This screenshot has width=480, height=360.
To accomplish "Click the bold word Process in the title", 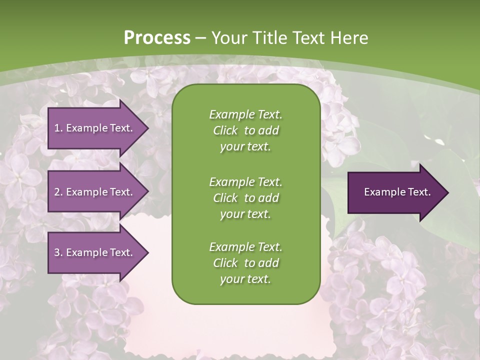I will click(x=157, y=38).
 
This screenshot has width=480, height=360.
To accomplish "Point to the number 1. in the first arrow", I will click(x=58, y=128).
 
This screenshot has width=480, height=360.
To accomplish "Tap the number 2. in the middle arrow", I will click(x=58, y=192).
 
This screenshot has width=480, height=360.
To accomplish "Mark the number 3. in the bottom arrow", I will click(x=58, y=252).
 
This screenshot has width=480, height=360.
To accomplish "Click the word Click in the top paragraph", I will click(x=225, y=130).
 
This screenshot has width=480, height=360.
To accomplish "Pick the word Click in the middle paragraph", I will click(x=225, y=198).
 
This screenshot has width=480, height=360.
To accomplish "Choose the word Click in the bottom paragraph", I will click(x=225, y=263).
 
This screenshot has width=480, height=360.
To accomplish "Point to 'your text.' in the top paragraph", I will click(x=245, y=147).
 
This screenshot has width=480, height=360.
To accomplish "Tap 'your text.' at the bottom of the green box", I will click(x=245, y=279).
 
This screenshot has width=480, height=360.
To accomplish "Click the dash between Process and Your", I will click(x=201, y=38).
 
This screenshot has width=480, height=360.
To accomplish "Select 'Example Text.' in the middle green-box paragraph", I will click(x=245, y=182).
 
